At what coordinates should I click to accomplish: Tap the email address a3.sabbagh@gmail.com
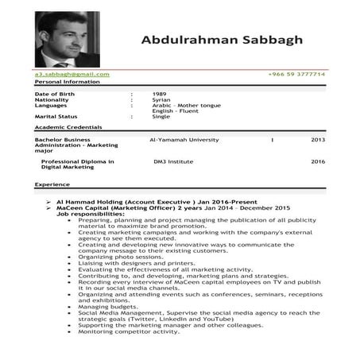point(72,74)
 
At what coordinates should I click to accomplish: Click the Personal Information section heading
point(68,82)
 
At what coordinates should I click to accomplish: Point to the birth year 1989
point(160,94)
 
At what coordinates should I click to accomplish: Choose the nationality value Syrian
point(161,99)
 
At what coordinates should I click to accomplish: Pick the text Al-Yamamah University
point(184,139)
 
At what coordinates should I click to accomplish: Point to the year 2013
point(318,139)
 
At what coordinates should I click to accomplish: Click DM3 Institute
point(173,161)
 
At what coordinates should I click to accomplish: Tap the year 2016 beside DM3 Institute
point(318,161)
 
